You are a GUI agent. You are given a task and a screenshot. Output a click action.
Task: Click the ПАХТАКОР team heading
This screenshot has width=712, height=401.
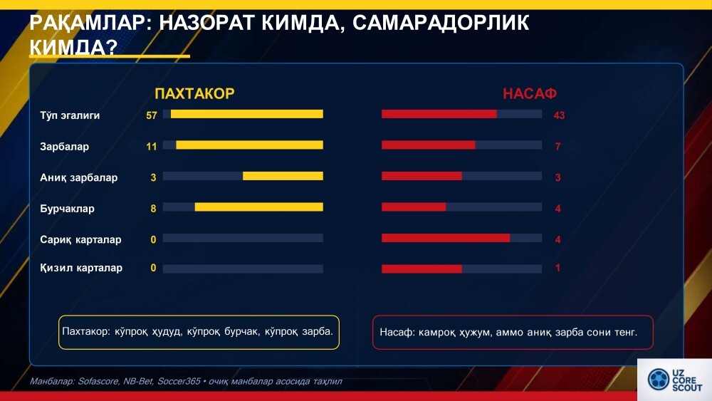pyautogui.click(x=194, y=93)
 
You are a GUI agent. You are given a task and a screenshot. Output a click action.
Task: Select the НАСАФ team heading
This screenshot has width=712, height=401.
pyautogui.click(x=529, y=93)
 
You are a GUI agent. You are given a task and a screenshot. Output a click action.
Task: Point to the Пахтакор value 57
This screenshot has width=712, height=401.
pyautogui.click(x=151, y=115)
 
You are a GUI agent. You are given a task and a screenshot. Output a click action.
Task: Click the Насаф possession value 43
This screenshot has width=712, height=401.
pyautogui.click(x=559, y=115)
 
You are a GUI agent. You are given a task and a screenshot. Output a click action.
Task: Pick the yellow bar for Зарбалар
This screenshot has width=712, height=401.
pyautogui.click(x=249, y=145)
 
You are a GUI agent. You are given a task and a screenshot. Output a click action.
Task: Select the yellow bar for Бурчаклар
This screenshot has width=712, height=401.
pyautogui.click(x=258, y=207)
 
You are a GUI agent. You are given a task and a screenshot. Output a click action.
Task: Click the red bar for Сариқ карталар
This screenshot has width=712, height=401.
pyautogui.click(x=446, y=238)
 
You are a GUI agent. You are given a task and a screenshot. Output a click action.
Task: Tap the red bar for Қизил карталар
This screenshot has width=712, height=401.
pyautogui.click(x=422, y=269)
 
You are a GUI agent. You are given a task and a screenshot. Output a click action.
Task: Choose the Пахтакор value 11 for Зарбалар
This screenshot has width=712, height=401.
pyautogui.click(x=151, y=147)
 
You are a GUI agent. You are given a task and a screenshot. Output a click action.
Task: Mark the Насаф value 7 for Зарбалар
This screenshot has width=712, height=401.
pyautogui.click(x=558, y=147)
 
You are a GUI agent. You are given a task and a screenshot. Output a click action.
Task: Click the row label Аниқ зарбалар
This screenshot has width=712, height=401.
pyautogui.click(x=78, y=177)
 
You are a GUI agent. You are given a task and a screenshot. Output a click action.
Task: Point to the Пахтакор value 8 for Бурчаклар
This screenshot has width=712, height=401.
pyautogui.click(x=153, y=209)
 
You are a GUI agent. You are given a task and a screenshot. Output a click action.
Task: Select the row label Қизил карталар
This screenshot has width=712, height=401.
pyautogui.click(x=80, y=268)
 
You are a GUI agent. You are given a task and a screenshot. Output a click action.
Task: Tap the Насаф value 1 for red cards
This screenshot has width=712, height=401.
pyautogui.click(x=558, y=269)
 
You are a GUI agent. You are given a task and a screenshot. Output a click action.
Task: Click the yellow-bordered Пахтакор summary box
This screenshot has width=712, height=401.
pyautogui.click(x=199, y=332)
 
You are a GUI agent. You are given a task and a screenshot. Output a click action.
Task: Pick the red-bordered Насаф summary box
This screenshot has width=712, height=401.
pyautogui.click(x=513, y=332)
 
